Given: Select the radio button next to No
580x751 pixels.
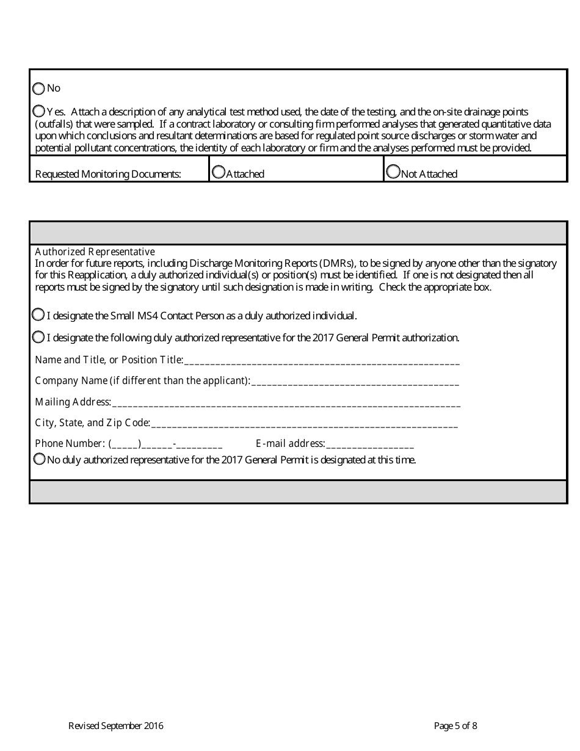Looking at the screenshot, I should point(38,89).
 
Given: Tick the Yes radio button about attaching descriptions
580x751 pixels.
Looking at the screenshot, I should point(38,111).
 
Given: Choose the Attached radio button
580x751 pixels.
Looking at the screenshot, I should point(218,173).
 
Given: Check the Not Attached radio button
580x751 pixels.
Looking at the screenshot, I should point(393,173).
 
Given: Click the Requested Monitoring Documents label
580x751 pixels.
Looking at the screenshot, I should point(108,174).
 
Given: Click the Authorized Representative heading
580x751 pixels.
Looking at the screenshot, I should point(95,252).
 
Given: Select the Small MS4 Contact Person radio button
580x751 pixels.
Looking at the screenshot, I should point(38,315).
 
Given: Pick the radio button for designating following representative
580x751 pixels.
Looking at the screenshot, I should point(38,337).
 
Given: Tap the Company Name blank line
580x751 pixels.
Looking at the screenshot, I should point(355,382).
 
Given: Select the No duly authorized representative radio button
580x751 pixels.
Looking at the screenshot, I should point(40,459).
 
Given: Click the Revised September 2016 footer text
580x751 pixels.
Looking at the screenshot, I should point(115,726).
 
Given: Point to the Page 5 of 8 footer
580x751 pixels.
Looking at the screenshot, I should point(455,726).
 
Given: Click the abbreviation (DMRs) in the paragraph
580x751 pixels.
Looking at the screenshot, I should point(333,263).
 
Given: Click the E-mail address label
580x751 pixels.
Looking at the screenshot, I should point(290,443).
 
